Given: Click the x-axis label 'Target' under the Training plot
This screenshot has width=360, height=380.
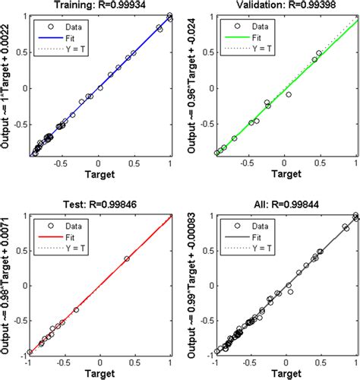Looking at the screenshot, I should point(100,174).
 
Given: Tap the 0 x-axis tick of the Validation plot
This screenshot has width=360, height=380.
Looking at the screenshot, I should point(286,162).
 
